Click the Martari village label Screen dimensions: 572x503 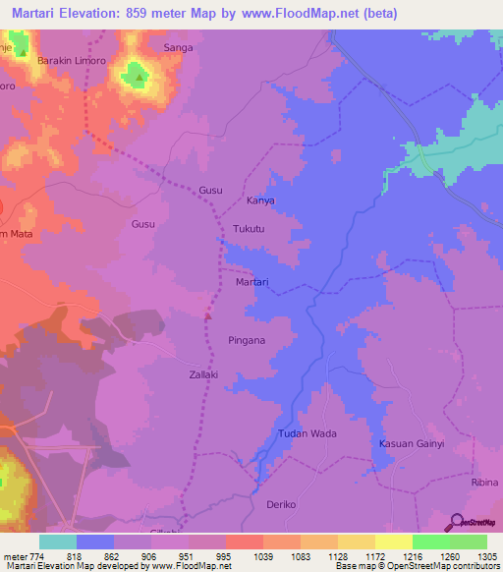tap(252, 282)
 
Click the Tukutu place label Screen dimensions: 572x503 tap(250, 229)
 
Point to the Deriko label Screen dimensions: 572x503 tap(281, 504)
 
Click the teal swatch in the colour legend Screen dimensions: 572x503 tap(58, 542)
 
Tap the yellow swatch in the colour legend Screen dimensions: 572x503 tap(393, 542)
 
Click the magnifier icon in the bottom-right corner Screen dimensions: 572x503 tap(454, 523)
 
